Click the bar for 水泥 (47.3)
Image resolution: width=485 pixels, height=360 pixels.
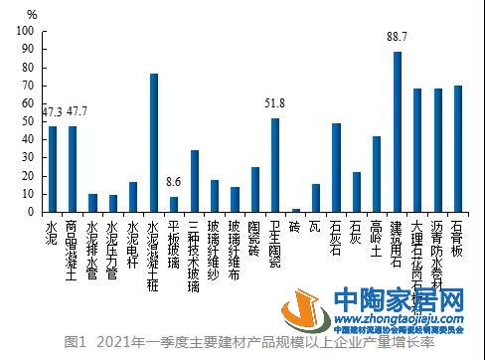click(x=52, y=169)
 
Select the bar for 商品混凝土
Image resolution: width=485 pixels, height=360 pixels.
click(x=73, y=169)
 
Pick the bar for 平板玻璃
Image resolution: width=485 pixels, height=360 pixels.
click(x=174, y=204)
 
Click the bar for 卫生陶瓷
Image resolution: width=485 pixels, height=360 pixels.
click(x=275, y=165)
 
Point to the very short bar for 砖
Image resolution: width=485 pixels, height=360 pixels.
click(x=296, y=210)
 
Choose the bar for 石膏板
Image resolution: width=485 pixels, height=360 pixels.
click(x=458, y=148)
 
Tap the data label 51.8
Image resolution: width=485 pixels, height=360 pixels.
click(x=274, y=104)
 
